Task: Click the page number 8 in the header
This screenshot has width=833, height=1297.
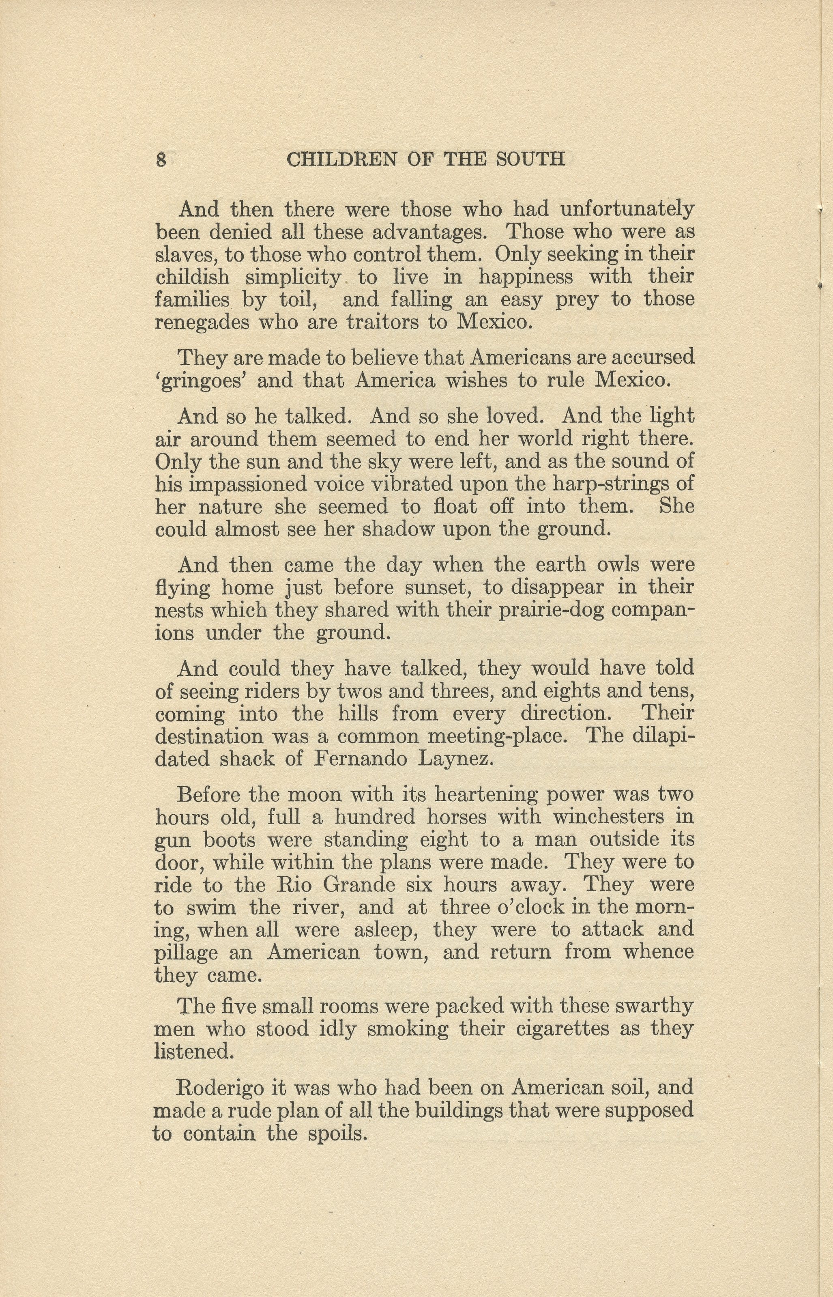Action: pyautogui.click(x=161, y=159)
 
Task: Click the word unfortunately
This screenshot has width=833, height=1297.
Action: pyautogui.click(x=627, y=209)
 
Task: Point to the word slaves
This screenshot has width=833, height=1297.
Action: pyautogui.click(x=185, y=254)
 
